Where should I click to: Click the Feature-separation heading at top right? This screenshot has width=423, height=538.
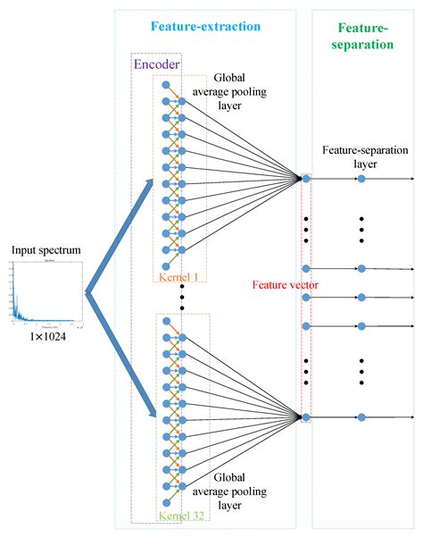point(362,35)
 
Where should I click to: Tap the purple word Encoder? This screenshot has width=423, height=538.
point(157,63)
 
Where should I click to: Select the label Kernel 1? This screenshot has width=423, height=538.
point(180,276)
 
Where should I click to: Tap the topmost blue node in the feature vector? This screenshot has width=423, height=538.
point(306,180)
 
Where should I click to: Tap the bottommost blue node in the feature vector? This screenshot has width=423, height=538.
point(306,417)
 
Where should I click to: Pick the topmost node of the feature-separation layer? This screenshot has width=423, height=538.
point(361,180)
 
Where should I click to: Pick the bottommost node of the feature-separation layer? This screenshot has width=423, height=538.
point(361,417)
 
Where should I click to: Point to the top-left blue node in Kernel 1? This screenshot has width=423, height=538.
point(166,83)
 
